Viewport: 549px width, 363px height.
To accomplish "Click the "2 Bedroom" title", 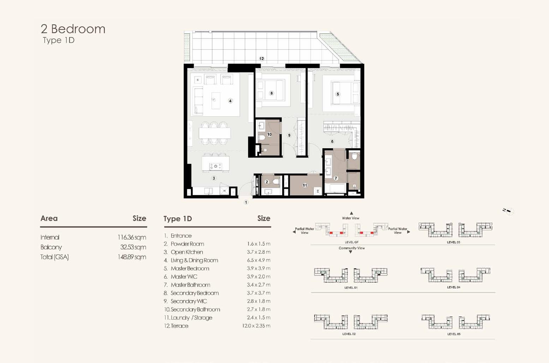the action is pyautogui.click(x=73, y=29).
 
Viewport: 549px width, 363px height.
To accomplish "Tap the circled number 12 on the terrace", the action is pyautogui.click(x=262, y=59).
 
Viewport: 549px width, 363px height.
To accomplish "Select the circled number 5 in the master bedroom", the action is pyautogui.click(x=338, y=94).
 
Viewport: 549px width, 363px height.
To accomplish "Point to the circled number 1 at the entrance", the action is pyautogui.click(x=246, y=202).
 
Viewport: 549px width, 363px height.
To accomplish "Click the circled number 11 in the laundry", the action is pyautogui.click(x=305, y=186).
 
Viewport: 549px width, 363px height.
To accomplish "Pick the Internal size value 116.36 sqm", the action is pyautogui.click(x=132, y=237).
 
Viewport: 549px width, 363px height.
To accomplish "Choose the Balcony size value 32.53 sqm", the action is pyautogui.click(x=133, y=247).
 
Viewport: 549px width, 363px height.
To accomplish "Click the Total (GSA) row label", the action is pyautogui.click(x=55, y=257).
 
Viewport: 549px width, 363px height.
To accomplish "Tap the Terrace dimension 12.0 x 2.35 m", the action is pyautogui.click(x=256, y=326).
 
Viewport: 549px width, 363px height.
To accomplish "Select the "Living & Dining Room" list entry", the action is pyautogui.click(x=194, y=260).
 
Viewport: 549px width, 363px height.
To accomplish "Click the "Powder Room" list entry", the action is pyautogui.click(x=187, y=244).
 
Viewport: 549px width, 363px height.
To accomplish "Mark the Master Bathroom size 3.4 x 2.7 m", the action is pyautogui.click(x=258, y=285).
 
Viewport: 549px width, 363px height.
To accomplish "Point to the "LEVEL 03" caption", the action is pyautogui.click(x=453, y=242).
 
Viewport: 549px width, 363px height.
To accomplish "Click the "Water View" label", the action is pyautogui.click(x=351, y=218).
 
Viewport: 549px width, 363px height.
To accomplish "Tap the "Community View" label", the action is pyautogui.click(x=352, y=248).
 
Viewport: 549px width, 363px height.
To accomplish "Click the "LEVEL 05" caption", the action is pyautogui.click(x=454, y=334).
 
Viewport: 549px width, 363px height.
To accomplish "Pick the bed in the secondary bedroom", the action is pyautogui.click(x=270, y=90).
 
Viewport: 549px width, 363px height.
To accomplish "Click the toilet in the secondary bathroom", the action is pyautogui.click(x=261, y=137).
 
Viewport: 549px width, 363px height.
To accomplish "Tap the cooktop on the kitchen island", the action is pyautogui.click(x=216, y=167).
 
